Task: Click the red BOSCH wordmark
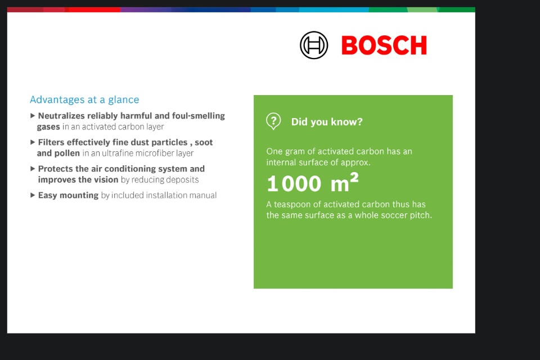coord(384,45)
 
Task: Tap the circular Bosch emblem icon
coord(314,45)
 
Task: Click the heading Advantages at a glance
coord(84,100)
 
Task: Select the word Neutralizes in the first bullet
coord(61,116)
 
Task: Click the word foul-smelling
coord(199,116)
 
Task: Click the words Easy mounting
coord(68,195)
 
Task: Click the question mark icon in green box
coord(273,121)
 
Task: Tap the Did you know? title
coord(327,122)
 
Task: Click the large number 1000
coord(294,183)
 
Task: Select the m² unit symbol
coord(344,182)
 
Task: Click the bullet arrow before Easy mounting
coord(33,195)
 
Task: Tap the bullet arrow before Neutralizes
coord(33,116)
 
